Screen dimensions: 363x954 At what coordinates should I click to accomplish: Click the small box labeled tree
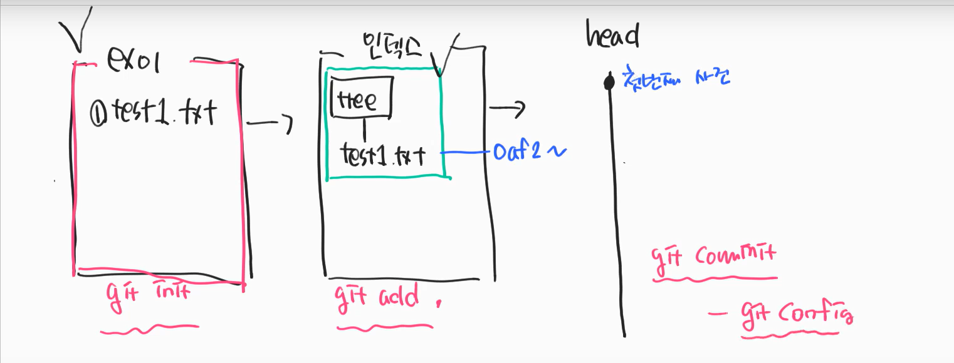tap(361, 97)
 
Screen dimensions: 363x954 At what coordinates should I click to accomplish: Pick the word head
tap(612, 36)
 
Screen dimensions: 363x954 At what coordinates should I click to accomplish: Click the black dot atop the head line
tap(607, 81)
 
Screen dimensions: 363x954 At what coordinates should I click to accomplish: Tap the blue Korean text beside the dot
tap(676, 78)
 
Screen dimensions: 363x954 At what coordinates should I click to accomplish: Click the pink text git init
tap(148, 295)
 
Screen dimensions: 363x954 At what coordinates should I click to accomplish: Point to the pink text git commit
tap(713, 256)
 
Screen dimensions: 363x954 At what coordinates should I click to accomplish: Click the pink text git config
tap(796, 312)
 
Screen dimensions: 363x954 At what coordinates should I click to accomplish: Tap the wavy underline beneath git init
tap(149, 328)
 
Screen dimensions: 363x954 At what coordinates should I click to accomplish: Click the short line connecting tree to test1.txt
tap(365, 130)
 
